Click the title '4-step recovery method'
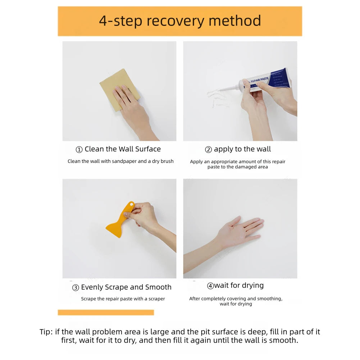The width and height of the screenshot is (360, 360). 180,21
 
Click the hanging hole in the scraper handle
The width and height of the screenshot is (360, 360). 132,205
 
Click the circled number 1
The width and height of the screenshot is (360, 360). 79,150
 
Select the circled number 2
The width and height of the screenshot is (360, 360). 208,150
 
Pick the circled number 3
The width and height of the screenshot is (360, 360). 76,288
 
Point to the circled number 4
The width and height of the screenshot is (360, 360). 210,286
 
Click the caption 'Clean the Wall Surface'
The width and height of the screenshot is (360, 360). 123,149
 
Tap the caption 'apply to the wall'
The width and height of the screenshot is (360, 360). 242,149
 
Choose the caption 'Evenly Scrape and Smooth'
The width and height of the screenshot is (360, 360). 126,287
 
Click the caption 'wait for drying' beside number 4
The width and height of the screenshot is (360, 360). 239,286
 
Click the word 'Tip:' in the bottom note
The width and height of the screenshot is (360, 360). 46,332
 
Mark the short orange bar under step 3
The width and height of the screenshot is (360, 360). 106,313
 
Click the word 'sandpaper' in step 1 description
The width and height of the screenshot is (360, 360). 124,161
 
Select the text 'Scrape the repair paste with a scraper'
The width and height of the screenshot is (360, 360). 123,299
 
